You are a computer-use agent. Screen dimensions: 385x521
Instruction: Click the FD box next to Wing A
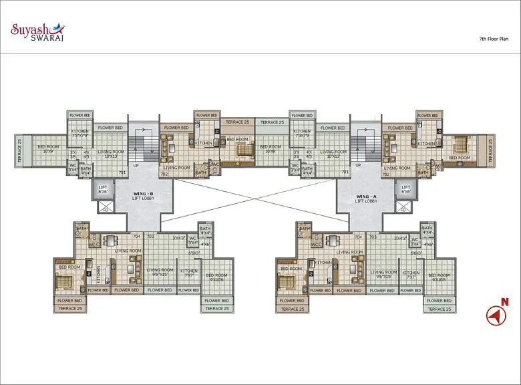(402, 209)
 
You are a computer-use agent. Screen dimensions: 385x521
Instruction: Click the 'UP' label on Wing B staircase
(136, 165)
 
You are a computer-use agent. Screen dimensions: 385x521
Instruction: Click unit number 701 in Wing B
(122, 172)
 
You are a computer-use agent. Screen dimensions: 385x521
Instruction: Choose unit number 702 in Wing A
(385, 174)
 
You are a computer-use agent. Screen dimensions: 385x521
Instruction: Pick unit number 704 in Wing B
(136, 237)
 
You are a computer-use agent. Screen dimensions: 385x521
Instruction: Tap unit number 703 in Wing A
(373, 237)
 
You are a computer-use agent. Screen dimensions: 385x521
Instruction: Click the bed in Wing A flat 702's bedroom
(460, 144)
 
